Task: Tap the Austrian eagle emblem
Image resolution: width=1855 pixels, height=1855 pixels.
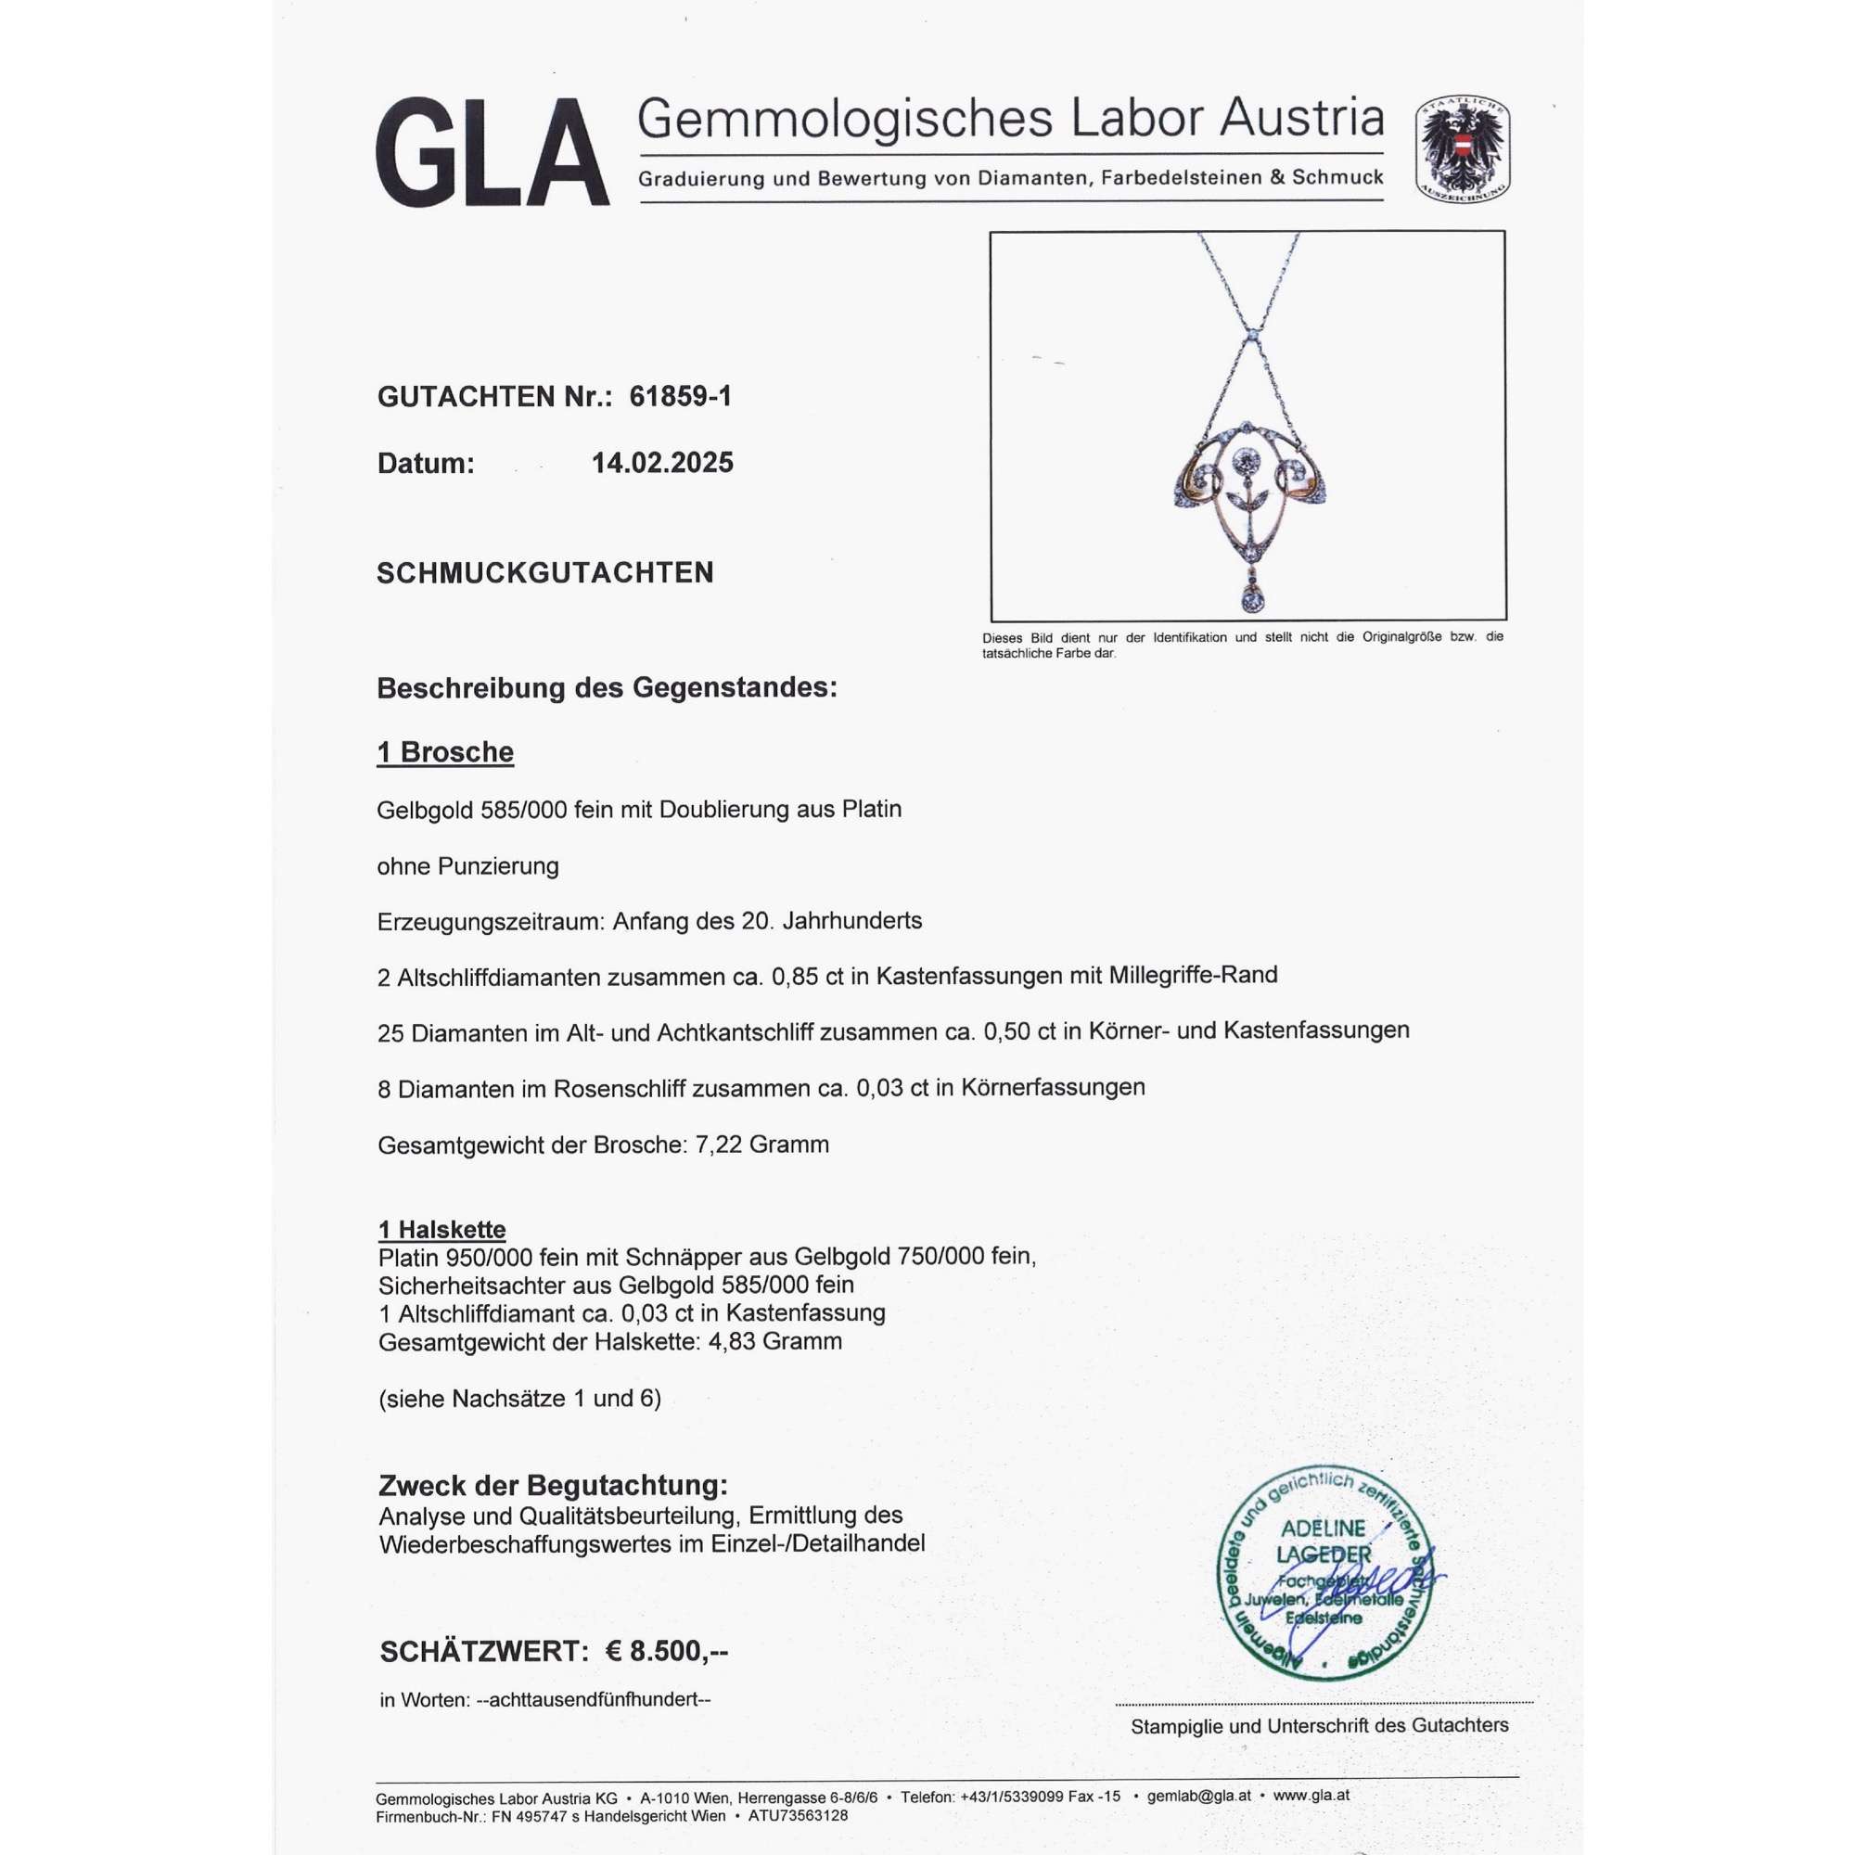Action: coord(1462,147)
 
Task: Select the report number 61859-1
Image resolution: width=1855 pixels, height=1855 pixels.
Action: coord(680,397)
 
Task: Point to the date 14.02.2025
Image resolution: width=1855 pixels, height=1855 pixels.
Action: coord(661,463)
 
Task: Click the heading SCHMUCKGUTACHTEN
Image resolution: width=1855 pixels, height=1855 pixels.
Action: coord(544,573)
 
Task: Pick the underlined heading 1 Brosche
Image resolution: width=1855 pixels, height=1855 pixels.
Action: coord(444,752)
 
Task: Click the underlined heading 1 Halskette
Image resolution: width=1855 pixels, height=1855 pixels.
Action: coord(441,1229)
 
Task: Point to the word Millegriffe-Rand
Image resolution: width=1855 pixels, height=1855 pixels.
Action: coord(1193,976)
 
